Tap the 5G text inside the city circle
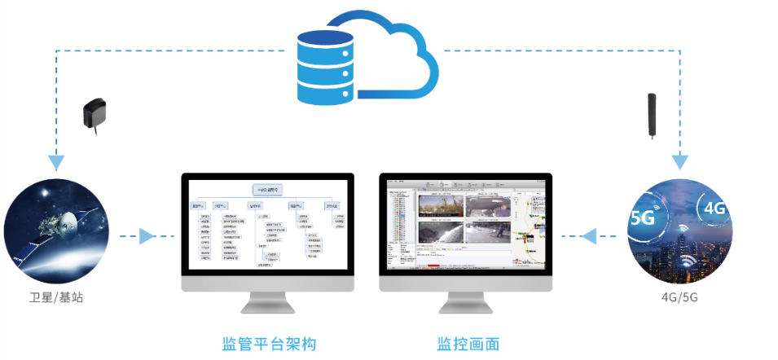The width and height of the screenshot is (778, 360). point(644,218)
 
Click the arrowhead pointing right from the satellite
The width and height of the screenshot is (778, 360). point(146,237)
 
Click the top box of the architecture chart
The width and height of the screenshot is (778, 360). point(268,190)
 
